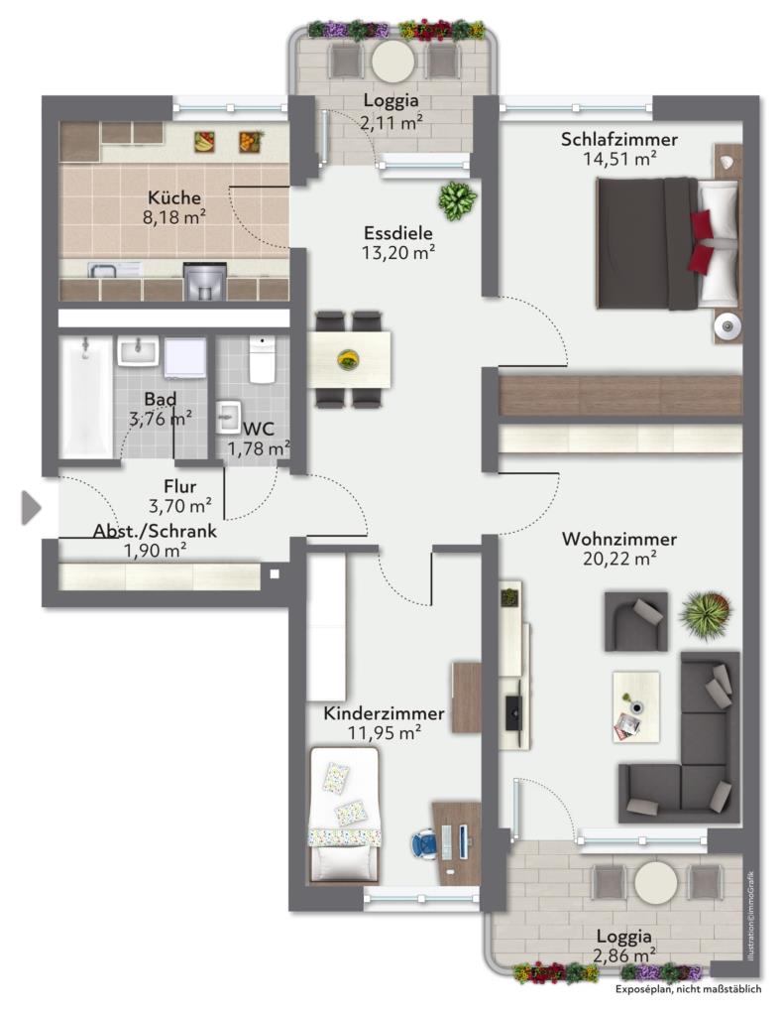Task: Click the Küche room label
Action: coord(174,197)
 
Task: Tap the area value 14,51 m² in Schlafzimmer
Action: coord(620,159)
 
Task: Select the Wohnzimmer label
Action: coord(619,539)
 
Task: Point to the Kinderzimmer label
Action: coord(384,713)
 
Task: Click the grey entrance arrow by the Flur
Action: coord(31,507)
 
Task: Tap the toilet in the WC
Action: coord(263,359)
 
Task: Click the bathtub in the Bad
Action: coord(85,397)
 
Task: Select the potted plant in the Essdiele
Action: coord(458,199)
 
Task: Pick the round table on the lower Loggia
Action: coord(656,882)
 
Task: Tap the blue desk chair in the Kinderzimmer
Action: coord(424,845)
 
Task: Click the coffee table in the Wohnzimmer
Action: coord(636,706)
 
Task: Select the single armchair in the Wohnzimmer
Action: coord(635,621)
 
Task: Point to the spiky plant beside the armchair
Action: coord(706,612)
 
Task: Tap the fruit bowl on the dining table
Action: coord(348,359)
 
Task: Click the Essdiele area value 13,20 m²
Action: coord(398,253)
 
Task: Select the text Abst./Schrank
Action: coord(155,532)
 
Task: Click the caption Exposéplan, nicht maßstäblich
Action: coord(688,989)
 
